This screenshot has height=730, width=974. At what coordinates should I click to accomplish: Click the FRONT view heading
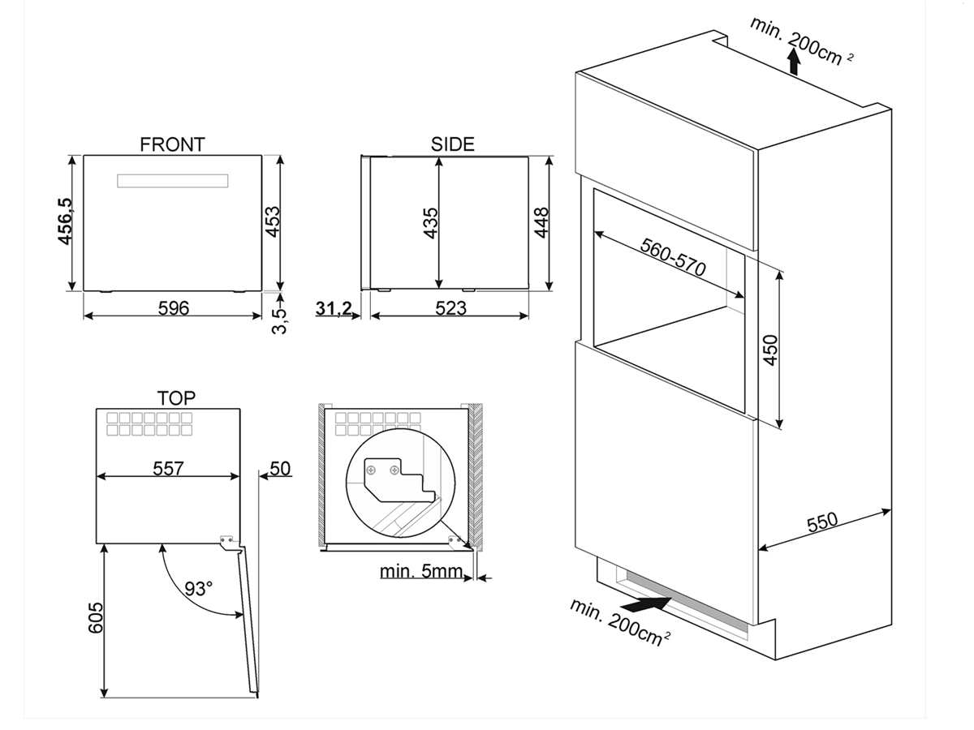[172, 144]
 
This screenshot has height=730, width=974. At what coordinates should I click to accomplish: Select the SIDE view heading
[452, 144]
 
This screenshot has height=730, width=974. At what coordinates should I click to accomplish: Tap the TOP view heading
[176, 397]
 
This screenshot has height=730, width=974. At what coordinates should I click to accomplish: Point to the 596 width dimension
[173, 308]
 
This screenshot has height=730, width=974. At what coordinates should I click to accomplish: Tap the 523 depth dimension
[450, 308]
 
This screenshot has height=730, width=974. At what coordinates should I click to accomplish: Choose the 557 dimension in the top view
[169, 468]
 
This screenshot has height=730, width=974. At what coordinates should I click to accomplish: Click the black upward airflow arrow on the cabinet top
[793, 62]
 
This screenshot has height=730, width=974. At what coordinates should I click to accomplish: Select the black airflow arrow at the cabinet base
[645, 604]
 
